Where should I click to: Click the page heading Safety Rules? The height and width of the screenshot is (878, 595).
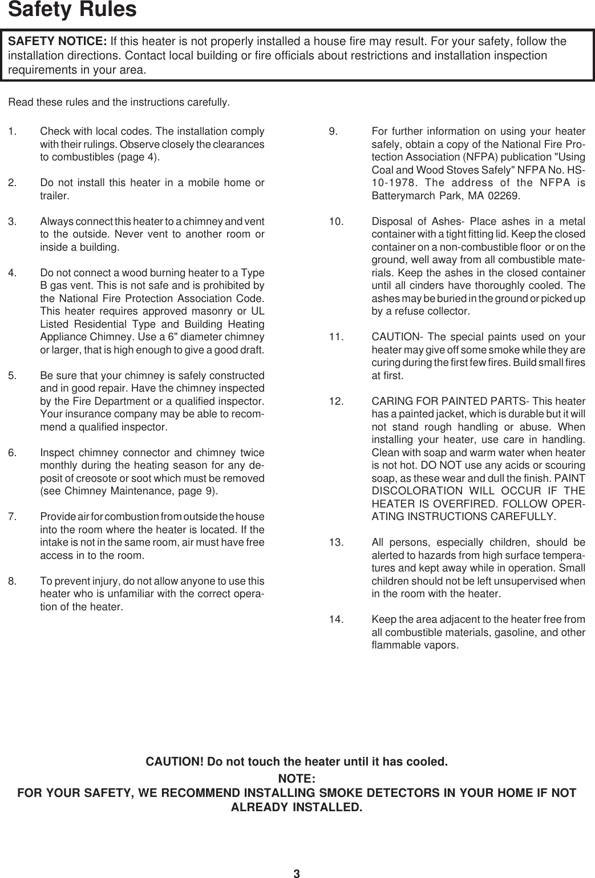point(72,10)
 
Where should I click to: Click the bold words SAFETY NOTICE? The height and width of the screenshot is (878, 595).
point(57,42)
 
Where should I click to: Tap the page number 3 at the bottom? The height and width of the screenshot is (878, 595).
point(297,872)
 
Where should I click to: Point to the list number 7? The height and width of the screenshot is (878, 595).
point(12,517)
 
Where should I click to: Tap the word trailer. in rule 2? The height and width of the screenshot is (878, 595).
point(56,196)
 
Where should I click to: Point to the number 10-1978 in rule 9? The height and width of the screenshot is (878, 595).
point(399,183)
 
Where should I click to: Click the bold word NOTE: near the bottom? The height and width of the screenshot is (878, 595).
point(297,779)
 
